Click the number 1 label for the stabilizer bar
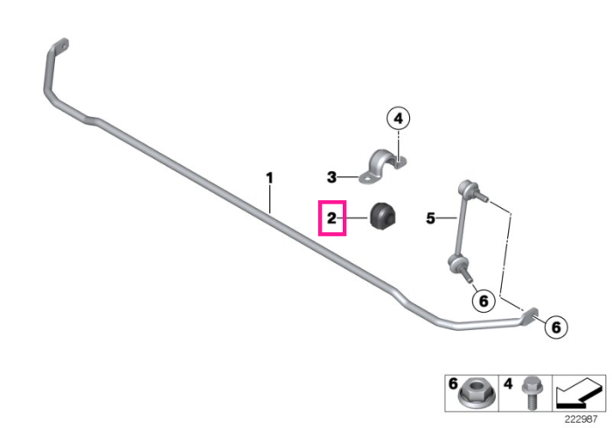coord(269,178)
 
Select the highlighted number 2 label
coord(331,217)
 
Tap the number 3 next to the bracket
coord(331,177)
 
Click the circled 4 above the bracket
coord(398,118)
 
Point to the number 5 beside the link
coord(430,218)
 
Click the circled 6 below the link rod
coord(483,301)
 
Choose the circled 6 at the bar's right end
coord(556,327)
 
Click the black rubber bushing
coord(383,216)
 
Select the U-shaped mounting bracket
coord(382,167)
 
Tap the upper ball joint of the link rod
coord(466,187)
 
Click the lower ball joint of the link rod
coord(456,263)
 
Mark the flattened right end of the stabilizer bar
coord(530,314)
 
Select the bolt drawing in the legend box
coord(531,392)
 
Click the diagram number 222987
coord(581,419)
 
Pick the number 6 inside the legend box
coord(453,383)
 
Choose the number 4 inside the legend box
coord(507,383)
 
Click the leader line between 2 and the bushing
coord(353,217)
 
